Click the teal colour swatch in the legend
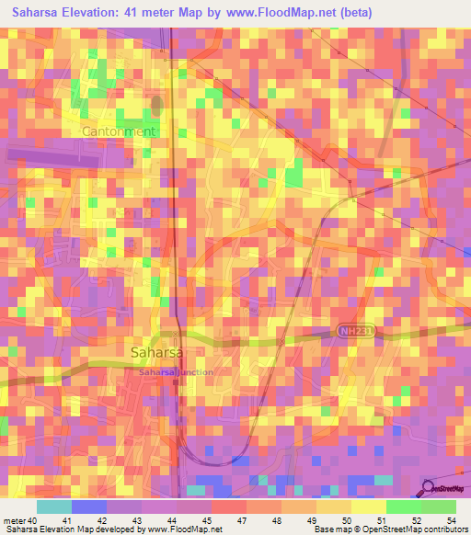(x=53, y=507)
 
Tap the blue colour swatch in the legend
(x=88, y=507)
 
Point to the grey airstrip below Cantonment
(x=55, y=158)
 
